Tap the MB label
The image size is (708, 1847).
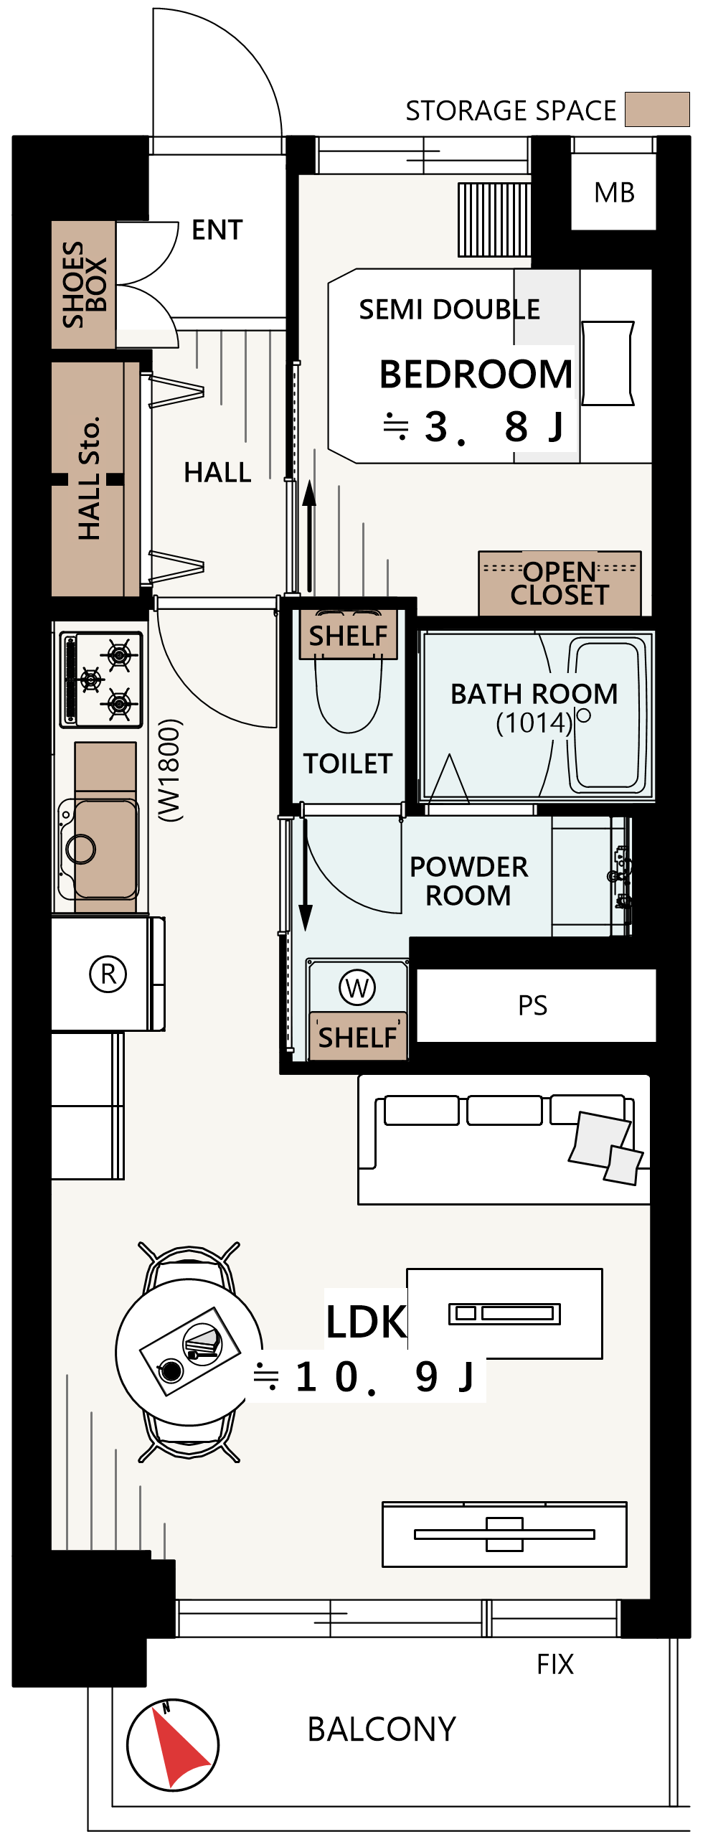(x=615, y=193)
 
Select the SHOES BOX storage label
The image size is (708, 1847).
(x=84, y=285)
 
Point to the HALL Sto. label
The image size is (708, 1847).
(x=89, y=478)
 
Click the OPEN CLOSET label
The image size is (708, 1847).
(x=560, y=583)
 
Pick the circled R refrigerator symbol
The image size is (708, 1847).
(x=108, y=974)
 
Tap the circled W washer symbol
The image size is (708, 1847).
(x=357, y=988)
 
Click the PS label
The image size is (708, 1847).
(x=533, y=1005)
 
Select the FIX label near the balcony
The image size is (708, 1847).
(x=555, y=1664)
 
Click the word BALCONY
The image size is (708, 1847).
(x=382, y=1729)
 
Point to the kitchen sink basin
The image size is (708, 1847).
(x=105, y=849)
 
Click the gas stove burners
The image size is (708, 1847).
(x=101, y=677)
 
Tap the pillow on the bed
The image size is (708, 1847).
(x=608, y=363)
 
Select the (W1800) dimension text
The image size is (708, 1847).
(x=170, y=770)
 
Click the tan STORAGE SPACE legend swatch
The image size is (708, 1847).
(x=657, y=109)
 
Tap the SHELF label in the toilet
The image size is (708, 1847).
(x=348, y=636)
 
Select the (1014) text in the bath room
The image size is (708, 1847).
(x=534, y=723)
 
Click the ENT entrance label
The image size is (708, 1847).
(x=217, y=230)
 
